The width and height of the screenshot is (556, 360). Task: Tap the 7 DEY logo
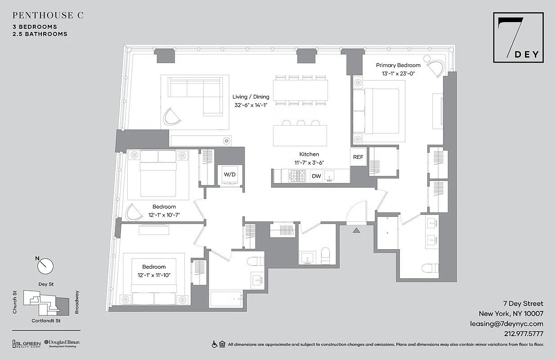pyautogui.click(x=518, y=38)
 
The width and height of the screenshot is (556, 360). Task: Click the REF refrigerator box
pyautogui.click(x=358, y=157)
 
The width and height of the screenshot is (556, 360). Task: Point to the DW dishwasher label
pyautogui.click(x=316, y=176)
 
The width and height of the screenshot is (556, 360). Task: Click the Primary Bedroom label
pyautogui.click(x=398, y=65)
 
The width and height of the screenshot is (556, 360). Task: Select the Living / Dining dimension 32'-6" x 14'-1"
pyautogui.click(x=251, y=105)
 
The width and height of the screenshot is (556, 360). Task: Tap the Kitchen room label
pyautogui.click(x=309, y=154)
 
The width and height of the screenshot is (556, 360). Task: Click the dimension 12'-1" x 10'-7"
pyautogui.click(x=164, y=215)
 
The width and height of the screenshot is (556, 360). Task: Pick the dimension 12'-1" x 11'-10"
pyautogui.click(x=154, y=275)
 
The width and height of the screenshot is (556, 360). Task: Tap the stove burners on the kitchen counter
pyautogui.click(x=297, y=175)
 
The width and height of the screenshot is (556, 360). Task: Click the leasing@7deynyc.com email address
pyautogui.click(x=507, y=324)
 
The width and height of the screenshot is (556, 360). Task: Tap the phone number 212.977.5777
pyautogui.click(x=524, y=334)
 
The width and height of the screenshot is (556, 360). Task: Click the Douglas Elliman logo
pyautogui.click(x=62, y=343)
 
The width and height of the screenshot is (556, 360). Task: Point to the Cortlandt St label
pyautogui.click(x=46, y=320)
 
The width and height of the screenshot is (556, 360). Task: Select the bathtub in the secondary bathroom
pyautogui.click(x=226, y=299)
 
